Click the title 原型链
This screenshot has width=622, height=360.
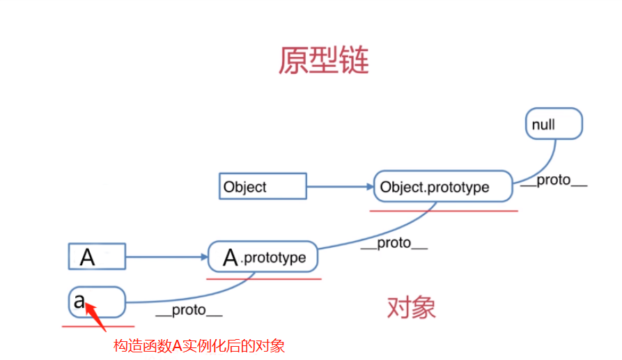click(x=323, y=61)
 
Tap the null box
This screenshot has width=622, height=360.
click(x=553, y=124)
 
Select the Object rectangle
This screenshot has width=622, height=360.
click(x=263, y=187)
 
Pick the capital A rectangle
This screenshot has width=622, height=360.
click(x=97, y=257)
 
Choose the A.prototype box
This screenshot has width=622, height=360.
click(x=263, y=258)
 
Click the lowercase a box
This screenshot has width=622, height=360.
click(x=97, y=302)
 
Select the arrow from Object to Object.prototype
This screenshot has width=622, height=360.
click(x=340, y=187)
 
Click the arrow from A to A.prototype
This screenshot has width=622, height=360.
click(x=167, y=257)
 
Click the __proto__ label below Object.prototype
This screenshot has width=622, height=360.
click(x=394, y=244)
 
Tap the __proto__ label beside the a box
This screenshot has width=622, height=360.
click(x=189, y=311)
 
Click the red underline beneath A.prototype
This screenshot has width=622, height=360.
click(x=264, y=279)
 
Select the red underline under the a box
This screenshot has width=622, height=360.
click(x=98, y=325)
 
